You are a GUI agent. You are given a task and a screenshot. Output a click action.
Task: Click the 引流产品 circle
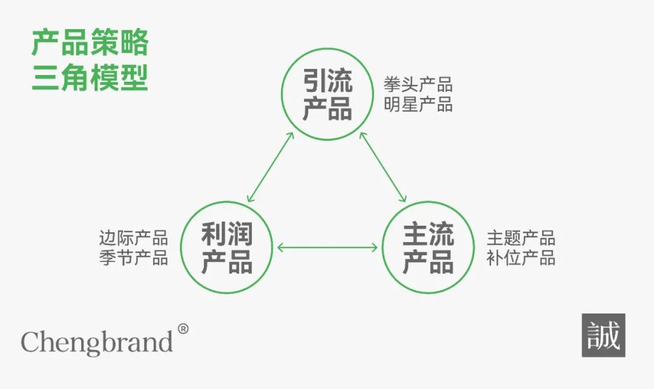point(327,94)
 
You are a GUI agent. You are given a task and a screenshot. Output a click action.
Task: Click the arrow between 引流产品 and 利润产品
point(271,167)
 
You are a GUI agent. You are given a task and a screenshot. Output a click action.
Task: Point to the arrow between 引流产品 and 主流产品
point(383,167)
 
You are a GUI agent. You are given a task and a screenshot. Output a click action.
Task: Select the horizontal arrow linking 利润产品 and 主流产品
point(327,247)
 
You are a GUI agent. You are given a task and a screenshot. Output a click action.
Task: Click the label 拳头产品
point(418,84)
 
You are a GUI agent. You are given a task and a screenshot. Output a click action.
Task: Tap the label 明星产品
point(418,104)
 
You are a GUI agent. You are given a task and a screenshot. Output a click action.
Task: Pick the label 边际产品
point(133,238)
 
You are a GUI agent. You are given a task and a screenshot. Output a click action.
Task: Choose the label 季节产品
point(133,258)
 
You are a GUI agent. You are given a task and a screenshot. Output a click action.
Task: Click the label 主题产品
point(521,238)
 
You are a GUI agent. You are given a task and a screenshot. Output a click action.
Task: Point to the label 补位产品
point(521,258)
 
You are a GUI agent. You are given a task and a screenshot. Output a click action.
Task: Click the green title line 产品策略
point(90,44)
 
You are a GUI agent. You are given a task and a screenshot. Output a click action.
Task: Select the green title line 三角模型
point(90,78)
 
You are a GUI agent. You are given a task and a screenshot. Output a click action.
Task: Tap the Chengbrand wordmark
point(97,342)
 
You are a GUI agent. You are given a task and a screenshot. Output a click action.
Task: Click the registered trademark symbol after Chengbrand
point(183,329)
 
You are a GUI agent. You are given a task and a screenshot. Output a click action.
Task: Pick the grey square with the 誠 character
point(603,335)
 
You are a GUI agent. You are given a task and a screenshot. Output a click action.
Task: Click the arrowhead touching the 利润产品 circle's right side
point(280,247)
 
